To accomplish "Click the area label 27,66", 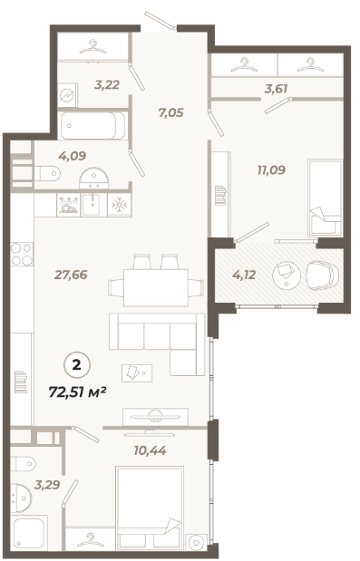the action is coord(71,275).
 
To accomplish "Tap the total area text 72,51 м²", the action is coord(77,392).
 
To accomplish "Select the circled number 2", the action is coord(77,365).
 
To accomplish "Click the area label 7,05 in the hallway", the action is coord(171,112).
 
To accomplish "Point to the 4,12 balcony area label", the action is coord(244,275).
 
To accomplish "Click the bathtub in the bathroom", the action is coord(93,126).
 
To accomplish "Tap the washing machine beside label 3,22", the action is coord(68,94).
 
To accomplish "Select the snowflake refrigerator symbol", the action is coord(120,205).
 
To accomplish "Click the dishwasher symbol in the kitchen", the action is coord(69,205).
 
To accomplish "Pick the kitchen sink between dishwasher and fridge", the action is coord(94,205).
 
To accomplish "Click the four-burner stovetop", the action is coord(22,254).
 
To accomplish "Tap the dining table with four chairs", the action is coord(156,281).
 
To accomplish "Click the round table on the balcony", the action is coord(287,275).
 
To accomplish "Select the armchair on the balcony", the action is coord(322,275).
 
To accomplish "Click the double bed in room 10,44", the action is coord(150,508).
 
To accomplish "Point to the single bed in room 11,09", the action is coord(325,198).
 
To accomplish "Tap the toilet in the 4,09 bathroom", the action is coord(47,174).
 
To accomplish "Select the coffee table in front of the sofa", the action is coord(137,373).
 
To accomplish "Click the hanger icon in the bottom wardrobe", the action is coord(90,539).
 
